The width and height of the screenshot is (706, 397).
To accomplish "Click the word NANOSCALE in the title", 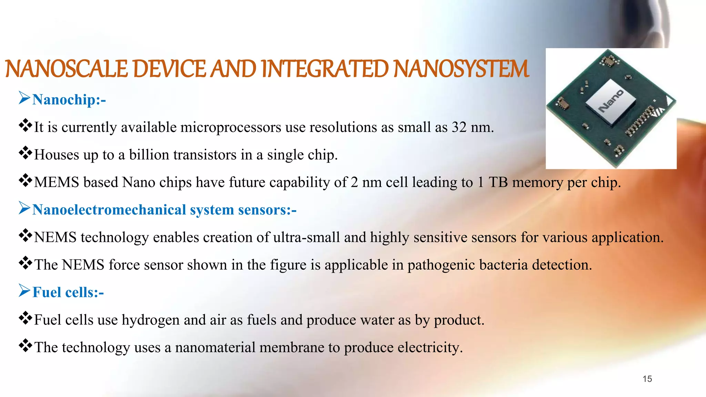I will click(x=68, y=69).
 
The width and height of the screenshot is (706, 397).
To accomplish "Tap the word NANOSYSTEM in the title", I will click(x=461, y=69).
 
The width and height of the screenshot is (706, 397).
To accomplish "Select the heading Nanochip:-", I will click(x=69, y=100).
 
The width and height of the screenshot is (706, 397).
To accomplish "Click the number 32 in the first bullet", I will click(x=459, y=128).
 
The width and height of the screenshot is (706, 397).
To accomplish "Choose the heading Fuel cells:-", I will click(x=68, y=293).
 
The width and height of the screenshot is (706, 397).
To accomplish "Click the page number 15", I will click(x=647, y=379).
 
